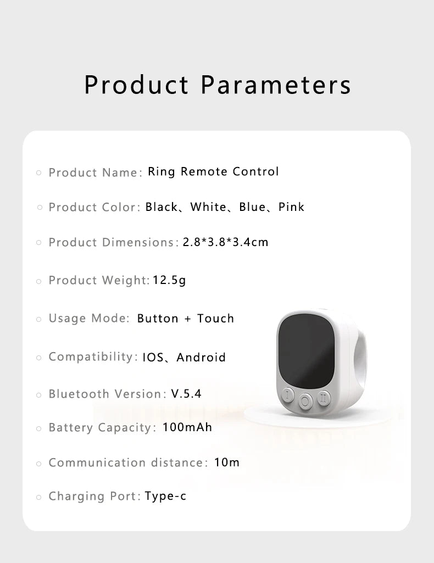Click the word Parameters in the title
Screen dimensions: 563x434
coord(275,85)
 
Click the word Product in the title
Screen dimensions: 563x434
coord(136,85)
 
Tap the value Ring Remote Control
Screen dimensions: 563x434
coord(213,171)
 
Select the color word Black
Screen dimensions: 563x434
coord(162,207)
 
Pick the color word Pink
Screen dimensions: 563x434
coord(291,207)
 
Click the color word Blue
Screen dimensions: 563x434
coord(252,207)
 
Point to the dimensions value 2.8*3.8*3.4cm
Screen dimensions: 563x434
coord(225,242)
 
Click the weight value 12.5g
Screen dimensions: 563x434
coord(169,280)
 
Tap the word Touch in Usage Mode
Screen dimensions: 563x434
coord(215,319)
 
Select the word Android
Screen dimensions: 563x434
coord(201,358)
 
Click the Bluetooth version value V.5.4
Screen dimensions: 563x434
coord(186,394)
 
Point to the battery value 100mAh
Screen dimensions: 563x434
coord(187,427)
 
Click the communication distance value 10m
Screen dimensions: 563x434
coord(227,462)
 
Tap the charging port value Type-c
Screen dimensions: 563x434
coord(165,497)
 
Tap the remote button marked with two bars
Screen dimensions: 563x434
coord(324,396)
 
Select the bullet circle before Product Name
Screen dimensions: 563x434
coord(39,172)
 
